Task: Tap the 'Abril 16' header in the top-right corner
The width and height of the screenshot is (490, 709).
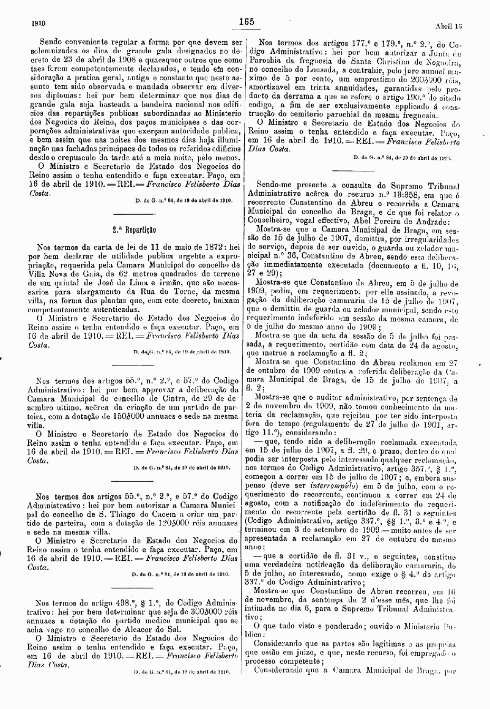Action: [448, 25]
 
